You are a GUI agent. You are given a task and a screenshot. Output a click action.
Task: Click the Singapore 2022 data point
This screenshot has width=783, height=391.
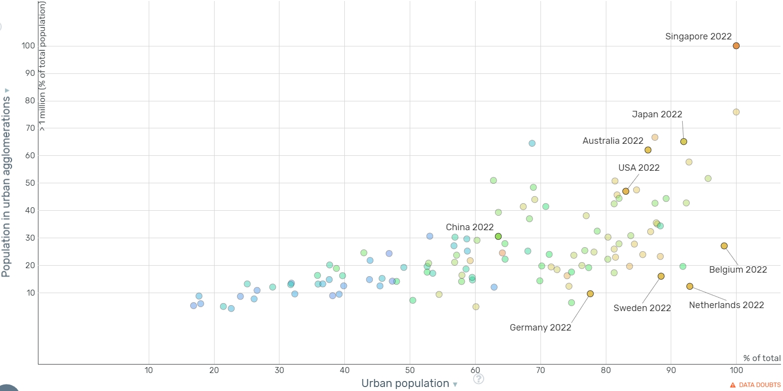(x=736, y=46)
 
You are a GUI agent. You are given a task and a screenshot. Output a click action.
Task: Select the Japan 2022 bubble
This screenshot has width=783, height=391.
(x=684, y=142)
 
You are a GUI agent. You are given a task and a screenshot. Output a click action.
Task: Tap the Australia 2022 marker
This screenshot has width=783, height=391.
(x=648, y=150)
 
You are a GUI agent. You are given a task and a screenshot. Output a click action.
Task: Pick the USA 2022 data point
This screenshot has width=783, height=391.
(x=626, y=191)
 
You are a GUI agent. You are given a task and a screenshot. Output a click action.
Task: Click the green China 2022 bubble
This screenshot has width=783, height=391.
(x=498, y=237)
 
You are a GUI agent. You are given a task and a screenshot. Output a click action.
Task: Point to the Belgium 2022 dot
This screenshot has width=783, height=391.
(x=724, y=246)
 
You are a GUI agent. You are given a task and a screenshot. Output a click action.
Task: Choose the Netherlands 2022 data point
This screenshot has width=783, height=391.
(x=690, y=287)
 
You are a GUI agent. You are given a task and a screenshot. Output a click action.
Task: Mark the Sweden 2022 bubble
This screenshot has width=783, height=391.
(x=661, y=276)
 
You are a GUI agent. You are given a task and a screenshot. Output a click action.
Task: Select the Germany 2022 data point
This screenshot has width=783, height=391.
(x=590, y=294)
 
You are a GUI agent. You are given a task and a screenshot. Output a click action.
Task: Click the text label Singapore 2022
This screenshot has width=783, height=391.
(x=698, y=36)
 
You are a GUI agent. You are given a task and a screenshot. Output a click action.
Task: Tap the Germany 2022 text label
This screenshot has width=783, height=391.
(x=540, y=328)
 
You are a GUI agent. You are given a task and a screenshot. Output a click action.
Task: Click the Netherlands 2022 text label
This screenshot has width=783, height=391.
(x=726, y=305)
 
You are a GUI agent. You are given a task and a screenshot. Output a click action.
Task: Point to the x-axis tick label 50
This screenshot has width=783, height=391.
(x=410, y=370)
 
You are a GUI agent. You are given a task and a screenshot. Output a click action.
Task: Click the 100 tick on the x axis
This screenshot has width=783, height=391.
(x=736, y=370)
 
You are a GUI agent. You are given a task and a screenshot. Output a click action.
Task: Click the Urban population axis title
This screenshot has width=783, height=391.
(x=405, y=384)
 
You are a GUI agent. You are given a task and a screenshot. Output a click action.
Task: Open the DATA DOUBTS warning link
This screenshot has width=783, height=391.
(x=755, y=385)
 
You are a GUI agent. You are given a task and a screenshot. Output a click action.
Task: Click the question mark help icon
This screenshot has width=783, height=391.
(x=478, y=379)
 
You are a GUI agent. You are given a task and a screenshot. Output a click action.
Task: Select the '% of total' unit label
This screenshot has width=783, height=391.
(x=762, y=358)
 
